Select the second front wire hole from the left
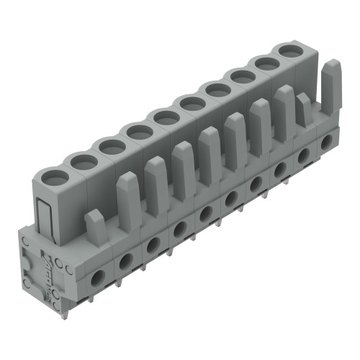click(125, 258)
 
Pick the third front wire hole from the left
click(153, 243)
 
